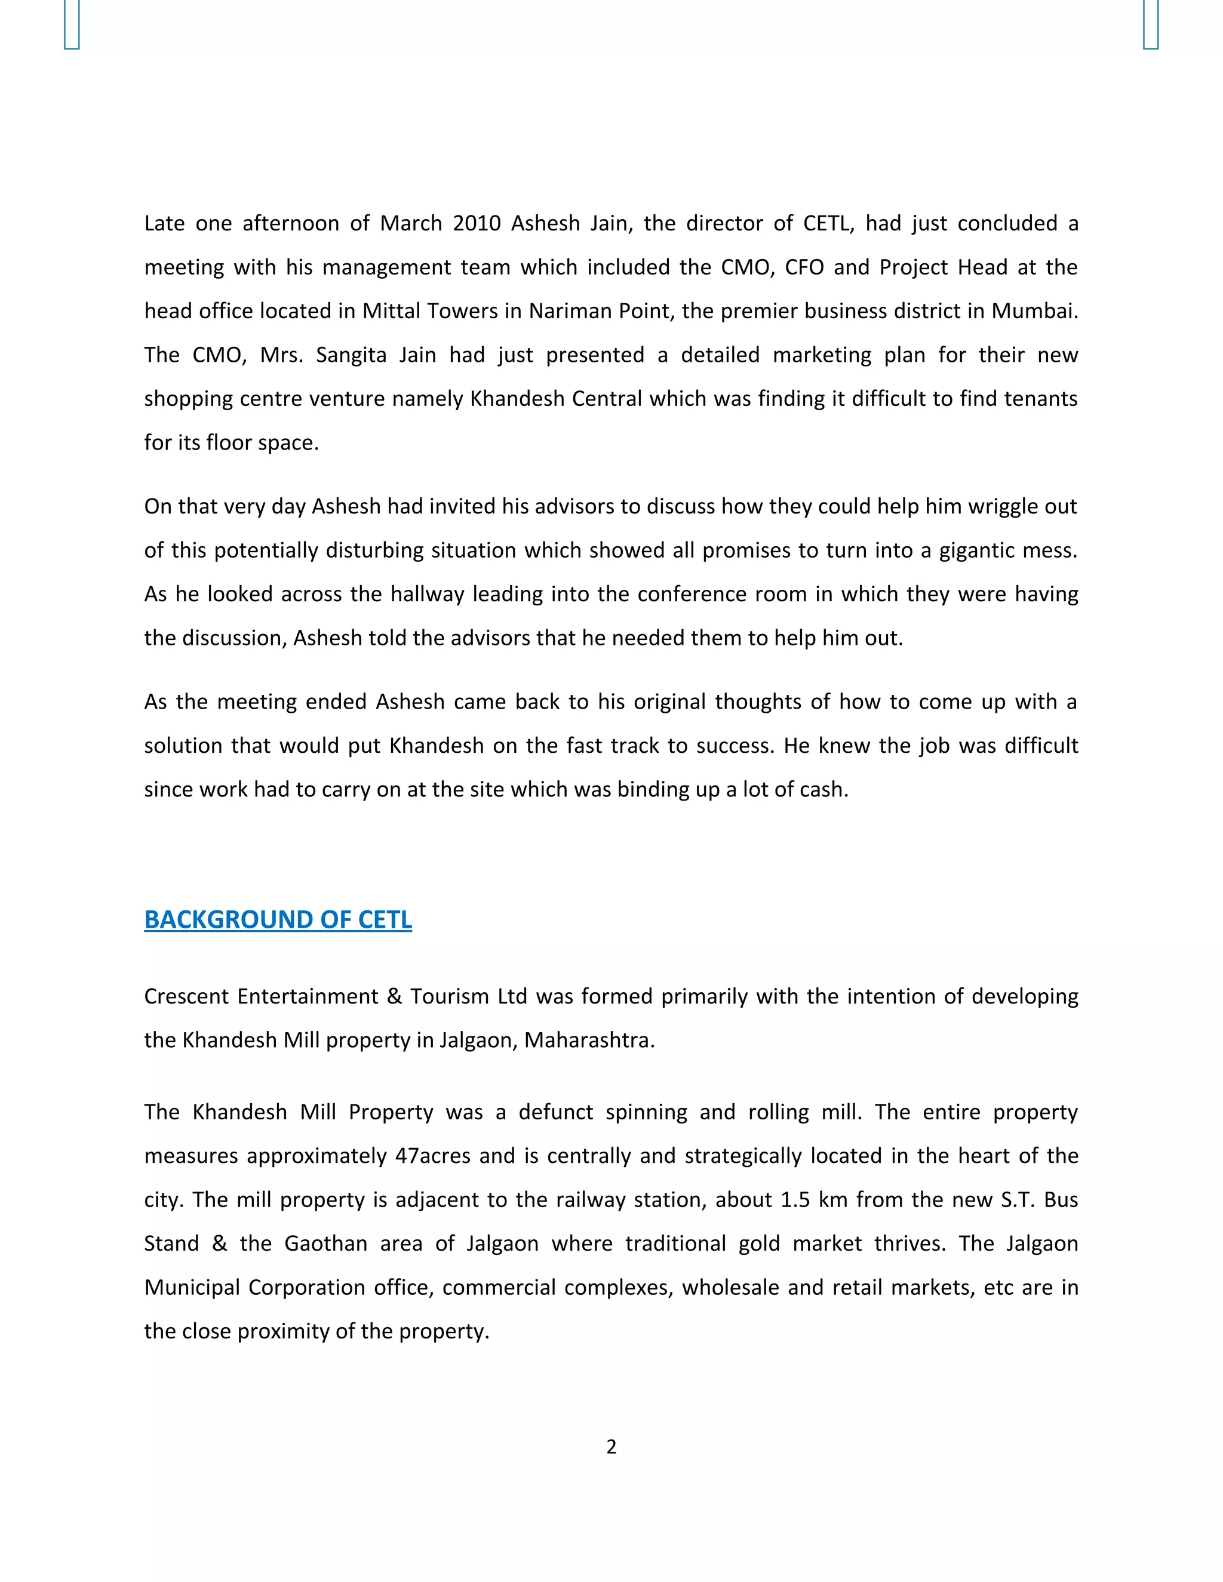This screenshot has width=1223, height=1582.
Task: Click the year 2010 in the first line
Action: [x=477, y=223]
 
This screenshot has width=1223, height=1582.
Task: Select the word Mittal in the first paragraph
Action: [x=392, y=311]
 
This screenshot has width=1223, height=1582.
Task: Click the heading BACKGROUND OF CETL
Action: [x=278, y=920]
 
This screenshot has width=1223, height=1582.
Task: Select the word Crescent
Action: [x=186, y=997]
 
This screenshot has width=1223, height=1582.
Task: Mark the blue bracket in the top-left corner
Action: [x=72, y=24]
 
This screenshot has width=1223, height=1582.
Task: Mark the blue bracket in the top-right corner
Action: [x=1151, y=24]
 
